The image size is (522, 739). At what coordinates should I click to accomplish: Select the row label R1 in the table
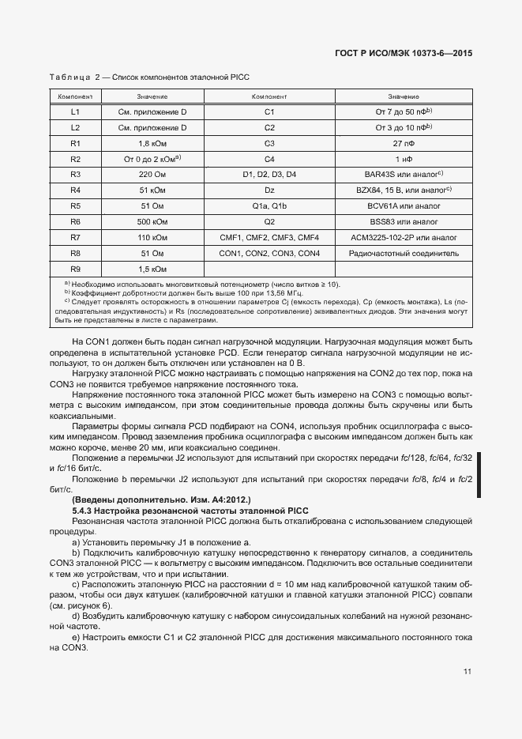[76, 143]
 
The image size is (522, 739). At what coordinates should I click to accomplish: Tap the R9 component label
[76, 269]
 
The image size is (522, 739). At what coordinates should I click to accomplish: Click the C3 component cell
[269, 143]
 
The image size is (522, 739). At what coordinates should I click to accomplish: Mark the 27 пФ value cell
[404, 143]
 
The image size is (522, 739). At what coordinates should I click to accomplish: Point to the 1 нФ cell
[404, 159]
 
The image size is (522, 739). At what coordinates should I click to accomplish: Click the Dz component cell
[269, 190]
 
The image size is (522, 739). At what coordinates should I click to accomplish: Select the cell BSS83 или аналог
[404, 221]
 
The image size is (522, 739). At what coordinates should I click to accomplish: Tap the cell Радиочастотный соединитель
[404, 253]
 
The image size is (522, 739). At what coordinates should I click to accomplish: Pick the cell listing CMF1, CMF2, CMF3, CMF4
[269, 237]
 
